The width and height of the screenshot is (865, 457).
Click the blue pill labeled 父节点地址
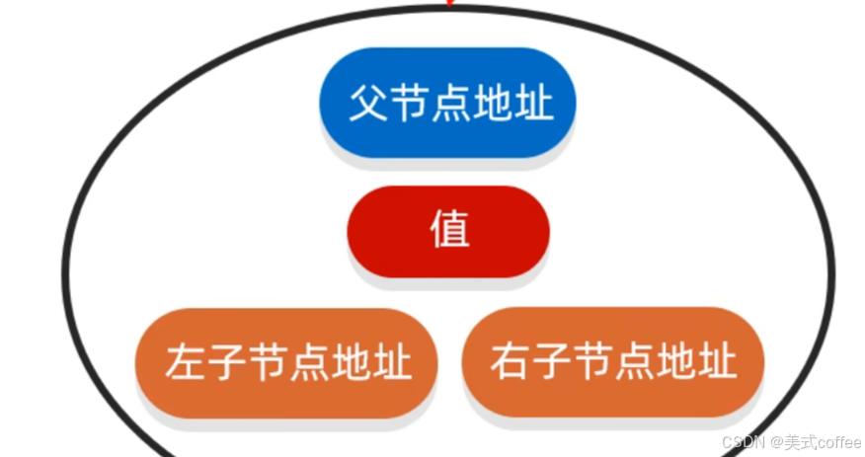[447, 102]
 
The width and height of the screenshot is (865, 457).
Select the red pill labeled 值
[447, 231]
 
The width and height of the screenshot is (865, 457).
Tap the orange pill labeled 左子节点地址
[286, 361]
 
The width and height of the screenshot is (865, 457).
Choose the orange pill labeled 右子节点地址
[613, 361]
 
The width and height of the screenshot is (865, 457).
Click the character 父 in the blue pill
[366, 103]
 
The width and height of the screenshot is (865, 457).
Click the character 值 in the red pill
[449, 231]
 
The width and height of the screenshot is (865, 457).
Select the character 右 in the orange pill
[510, 362]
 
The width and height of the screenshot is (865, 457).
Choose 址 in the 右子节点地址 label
[717, 362]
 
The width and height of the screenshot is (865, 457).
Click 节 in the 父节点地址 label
[408, 103]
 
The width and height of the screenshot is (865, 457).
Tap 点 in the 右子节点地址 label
[634, 362]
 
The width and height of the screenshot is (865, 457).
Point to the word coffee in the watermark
[837, 442]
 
